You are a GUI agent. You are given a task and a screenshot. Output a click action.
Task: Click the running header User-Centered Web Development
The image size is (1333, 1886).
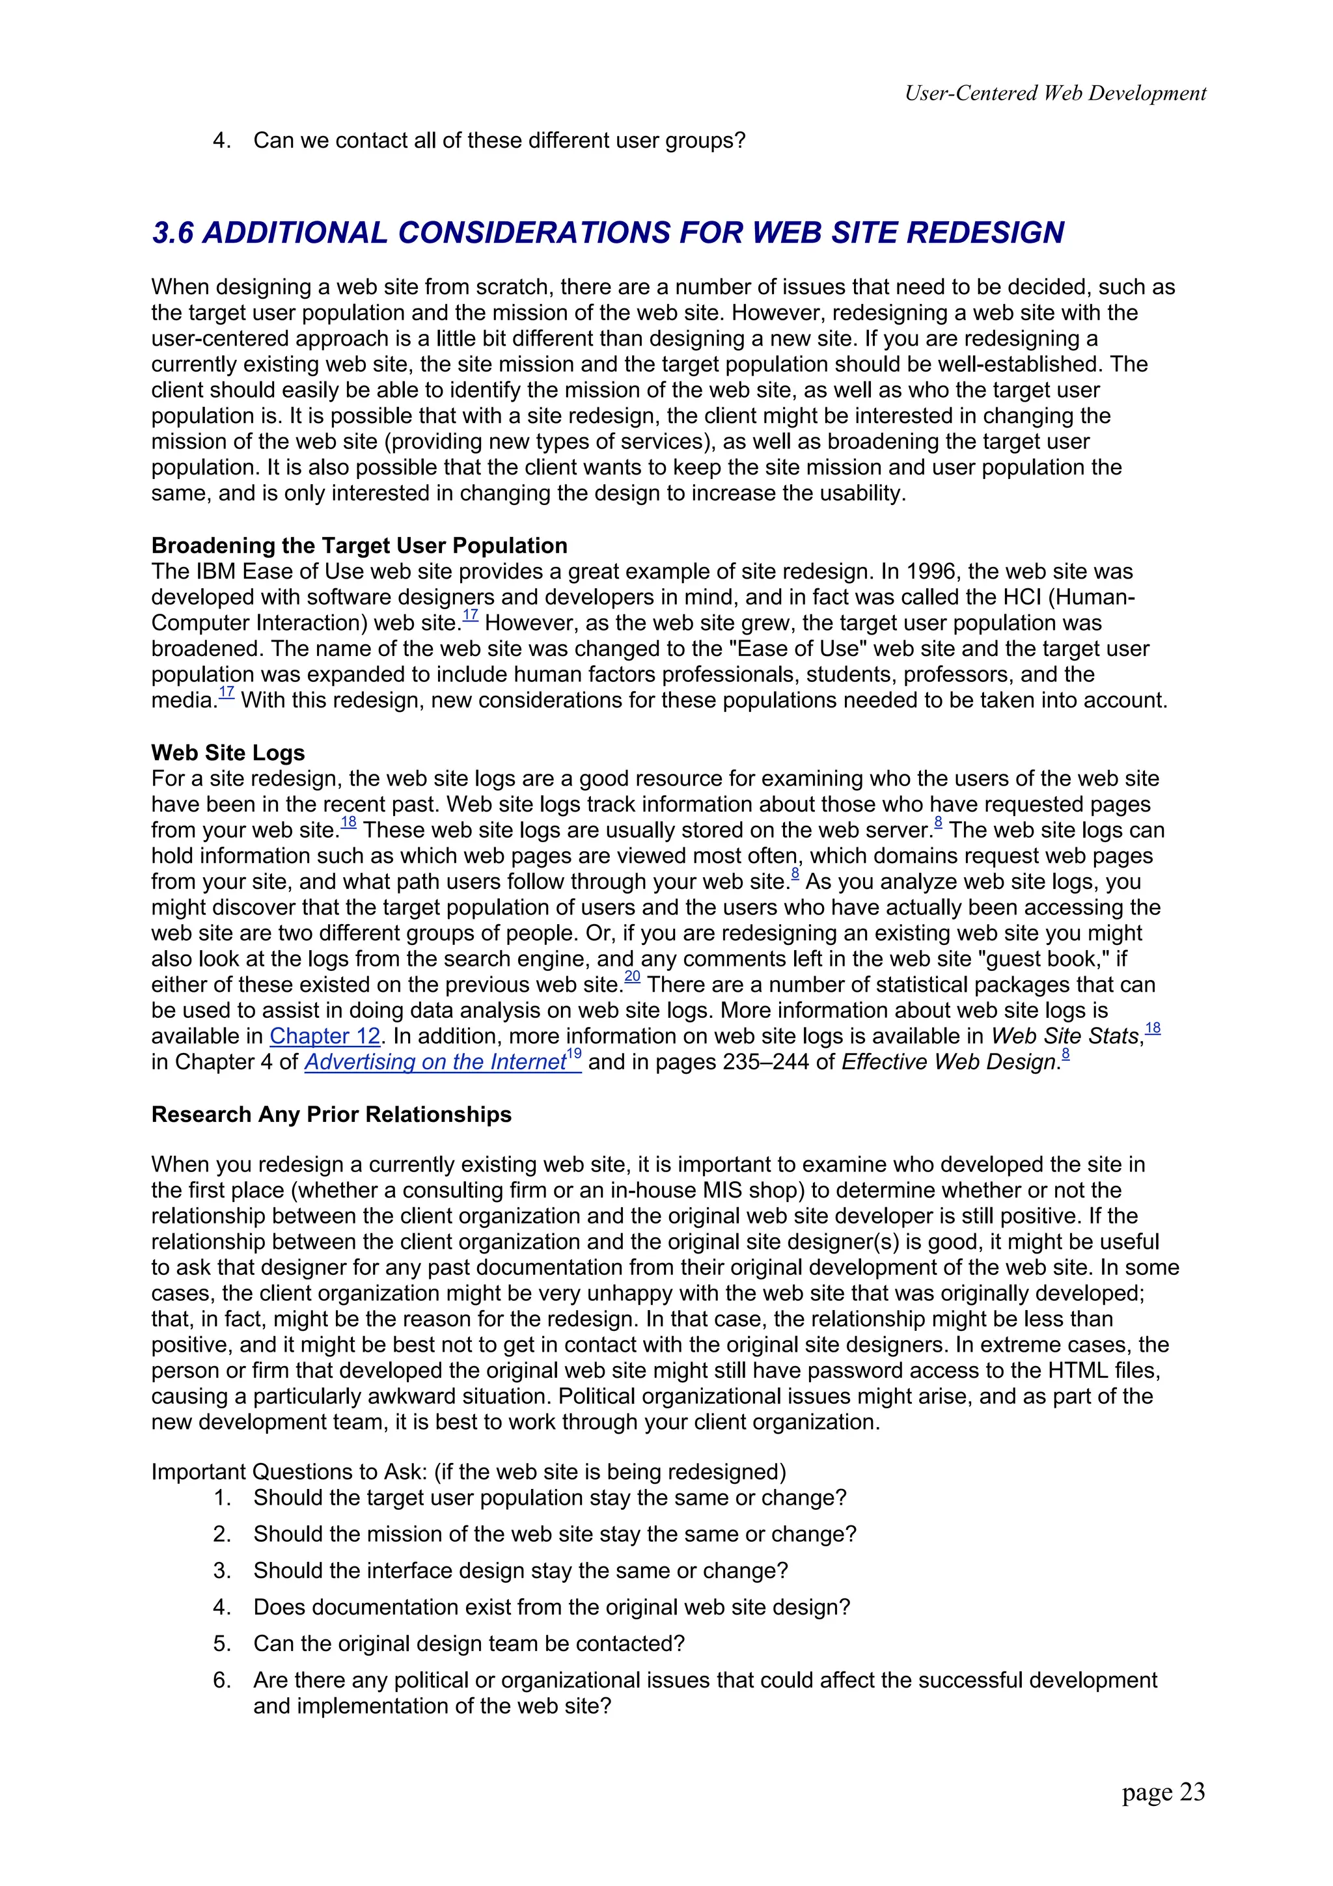1054,94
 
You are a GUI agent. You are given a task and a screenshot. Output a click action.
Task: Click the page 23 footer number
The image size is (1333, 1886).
1163,1792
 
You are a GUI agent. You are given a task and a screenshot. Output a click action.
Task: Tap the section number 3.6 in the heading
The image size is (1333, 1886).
173,232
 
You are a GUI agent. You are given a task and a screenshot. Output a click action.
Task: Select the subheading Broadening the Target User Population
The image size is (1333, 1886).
359,545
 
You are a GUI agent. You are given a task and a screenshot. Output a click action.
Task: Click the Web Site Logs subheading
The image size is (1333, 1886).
228,752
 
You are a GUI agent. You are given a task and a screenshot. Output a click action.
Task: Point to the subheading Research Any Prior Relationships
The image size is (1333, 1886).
331,1114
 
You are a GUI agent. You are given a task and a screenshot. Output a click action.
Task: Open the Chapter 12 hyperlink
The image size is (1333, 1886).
324,1036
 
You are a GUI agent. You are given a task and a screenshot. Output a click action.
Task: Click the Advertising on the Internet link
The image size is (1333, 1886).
435,1062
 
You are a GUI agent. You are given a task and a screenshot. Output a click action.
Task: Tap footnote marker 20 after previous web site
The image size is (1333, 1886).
631,977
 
